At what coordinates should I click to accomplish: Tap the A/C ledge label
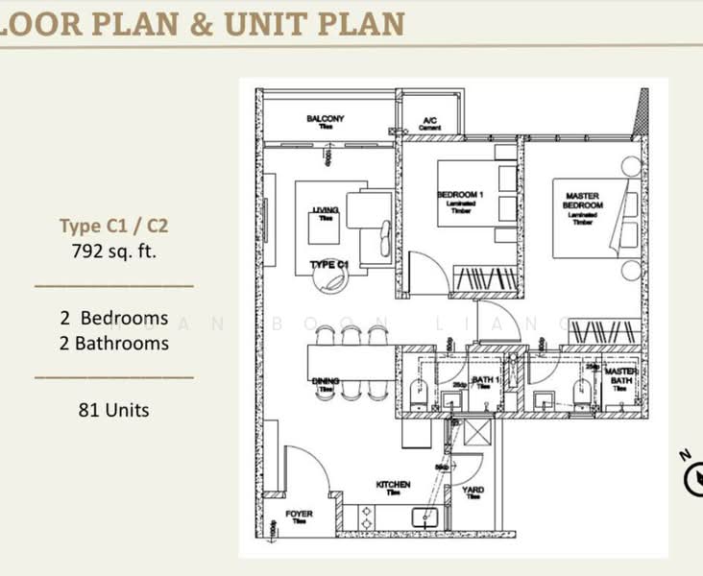point(429,123)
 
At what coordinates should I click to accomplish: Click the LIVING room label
point(319,213)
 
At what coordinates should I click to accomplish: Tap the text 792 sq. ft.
point(108,254)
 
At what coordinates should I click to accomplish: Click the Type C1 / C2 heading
point(108,228)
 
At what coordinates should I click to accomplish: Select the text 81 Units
point(113,410)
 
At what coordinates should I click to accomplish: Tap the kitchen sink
point(424,517)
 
